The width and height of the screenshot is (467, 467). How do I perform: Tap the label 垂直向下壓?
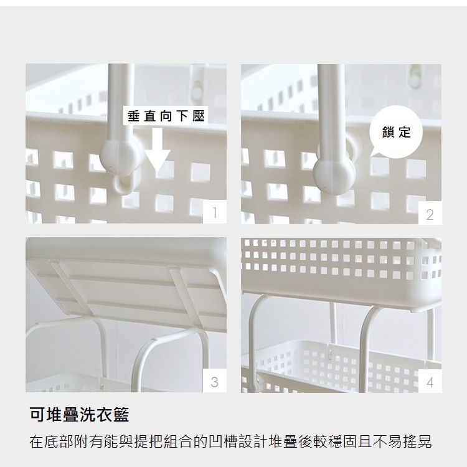click(166, 116)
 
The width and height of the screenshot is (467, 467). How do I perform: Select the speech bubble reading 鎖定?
click(395, 132)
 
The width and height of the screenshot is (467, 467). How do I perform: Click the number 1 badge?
click(214, 212)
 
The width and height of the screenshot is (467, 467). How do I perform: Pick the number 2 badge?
click(430, 213)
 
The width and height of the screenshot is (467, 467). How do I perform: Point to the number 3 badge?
click(214, 380)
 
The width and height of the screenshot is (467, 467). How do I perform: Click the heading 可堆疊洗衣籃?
click(79, 414)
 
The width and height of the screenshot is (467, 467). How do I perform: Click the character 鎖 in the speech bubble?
click(388, 132)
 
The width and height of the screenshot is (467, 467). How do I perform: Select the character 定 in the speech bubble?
click(405, 132)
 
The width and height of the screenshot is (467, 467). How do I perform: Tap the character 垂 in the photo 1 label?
click(133, 116)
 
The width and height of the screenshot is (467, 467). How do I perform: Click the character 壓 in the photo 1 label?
click(198, 116)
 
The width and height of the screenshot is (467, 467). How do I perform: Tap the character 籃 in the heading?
click(121, 414)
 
